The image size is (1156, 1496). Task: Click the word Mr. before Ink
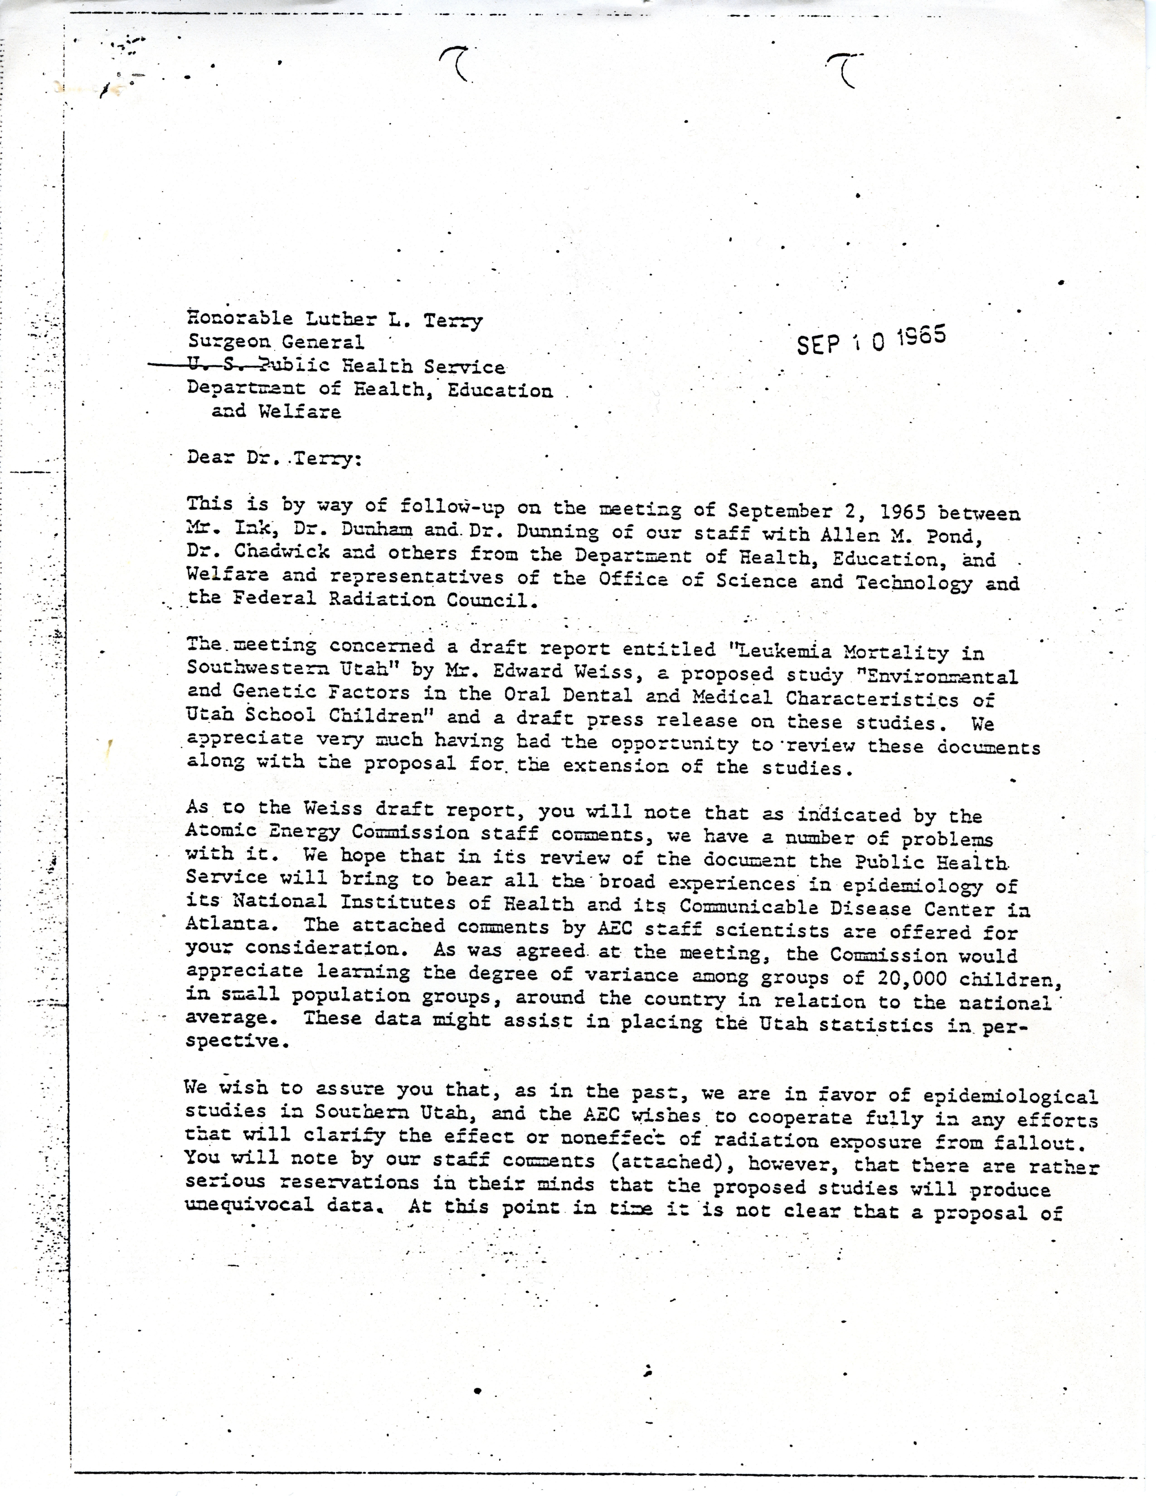coord(203,529)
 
